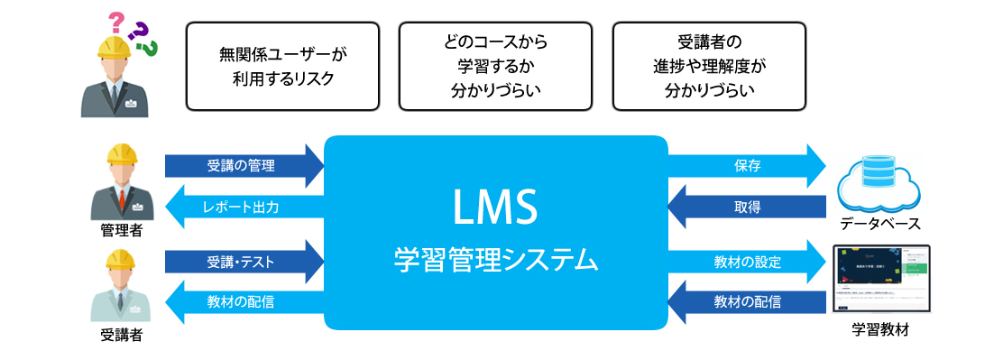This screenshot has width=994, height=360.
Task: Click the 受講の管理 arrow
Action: [x=241, y=165]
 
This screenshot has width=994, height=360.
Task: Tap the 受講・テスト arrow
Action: [x=241, y=263]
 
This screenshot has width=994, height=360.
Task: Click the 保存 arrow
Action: [x=748, y=165]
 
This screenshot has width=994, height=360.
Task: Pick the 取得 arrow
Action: [x=748, y=208]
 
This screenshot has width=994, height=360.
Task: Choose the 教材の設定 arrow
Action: [x=748, y=263]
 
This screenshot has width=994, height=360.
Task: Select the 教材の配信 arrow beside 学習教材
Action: [x=748, y=302]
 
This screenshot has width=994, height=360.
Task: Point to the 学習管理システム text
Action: [x=495, y=261]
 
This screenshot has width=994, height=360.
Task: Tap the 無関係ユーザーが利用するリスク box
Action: [x=282, y=66]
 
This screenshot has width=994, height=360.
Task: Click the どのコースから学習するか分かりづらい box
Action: [x=495, y=66]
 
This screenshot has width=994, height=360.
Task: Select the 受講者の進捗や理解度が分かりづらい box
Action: [x=708, y=66]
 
